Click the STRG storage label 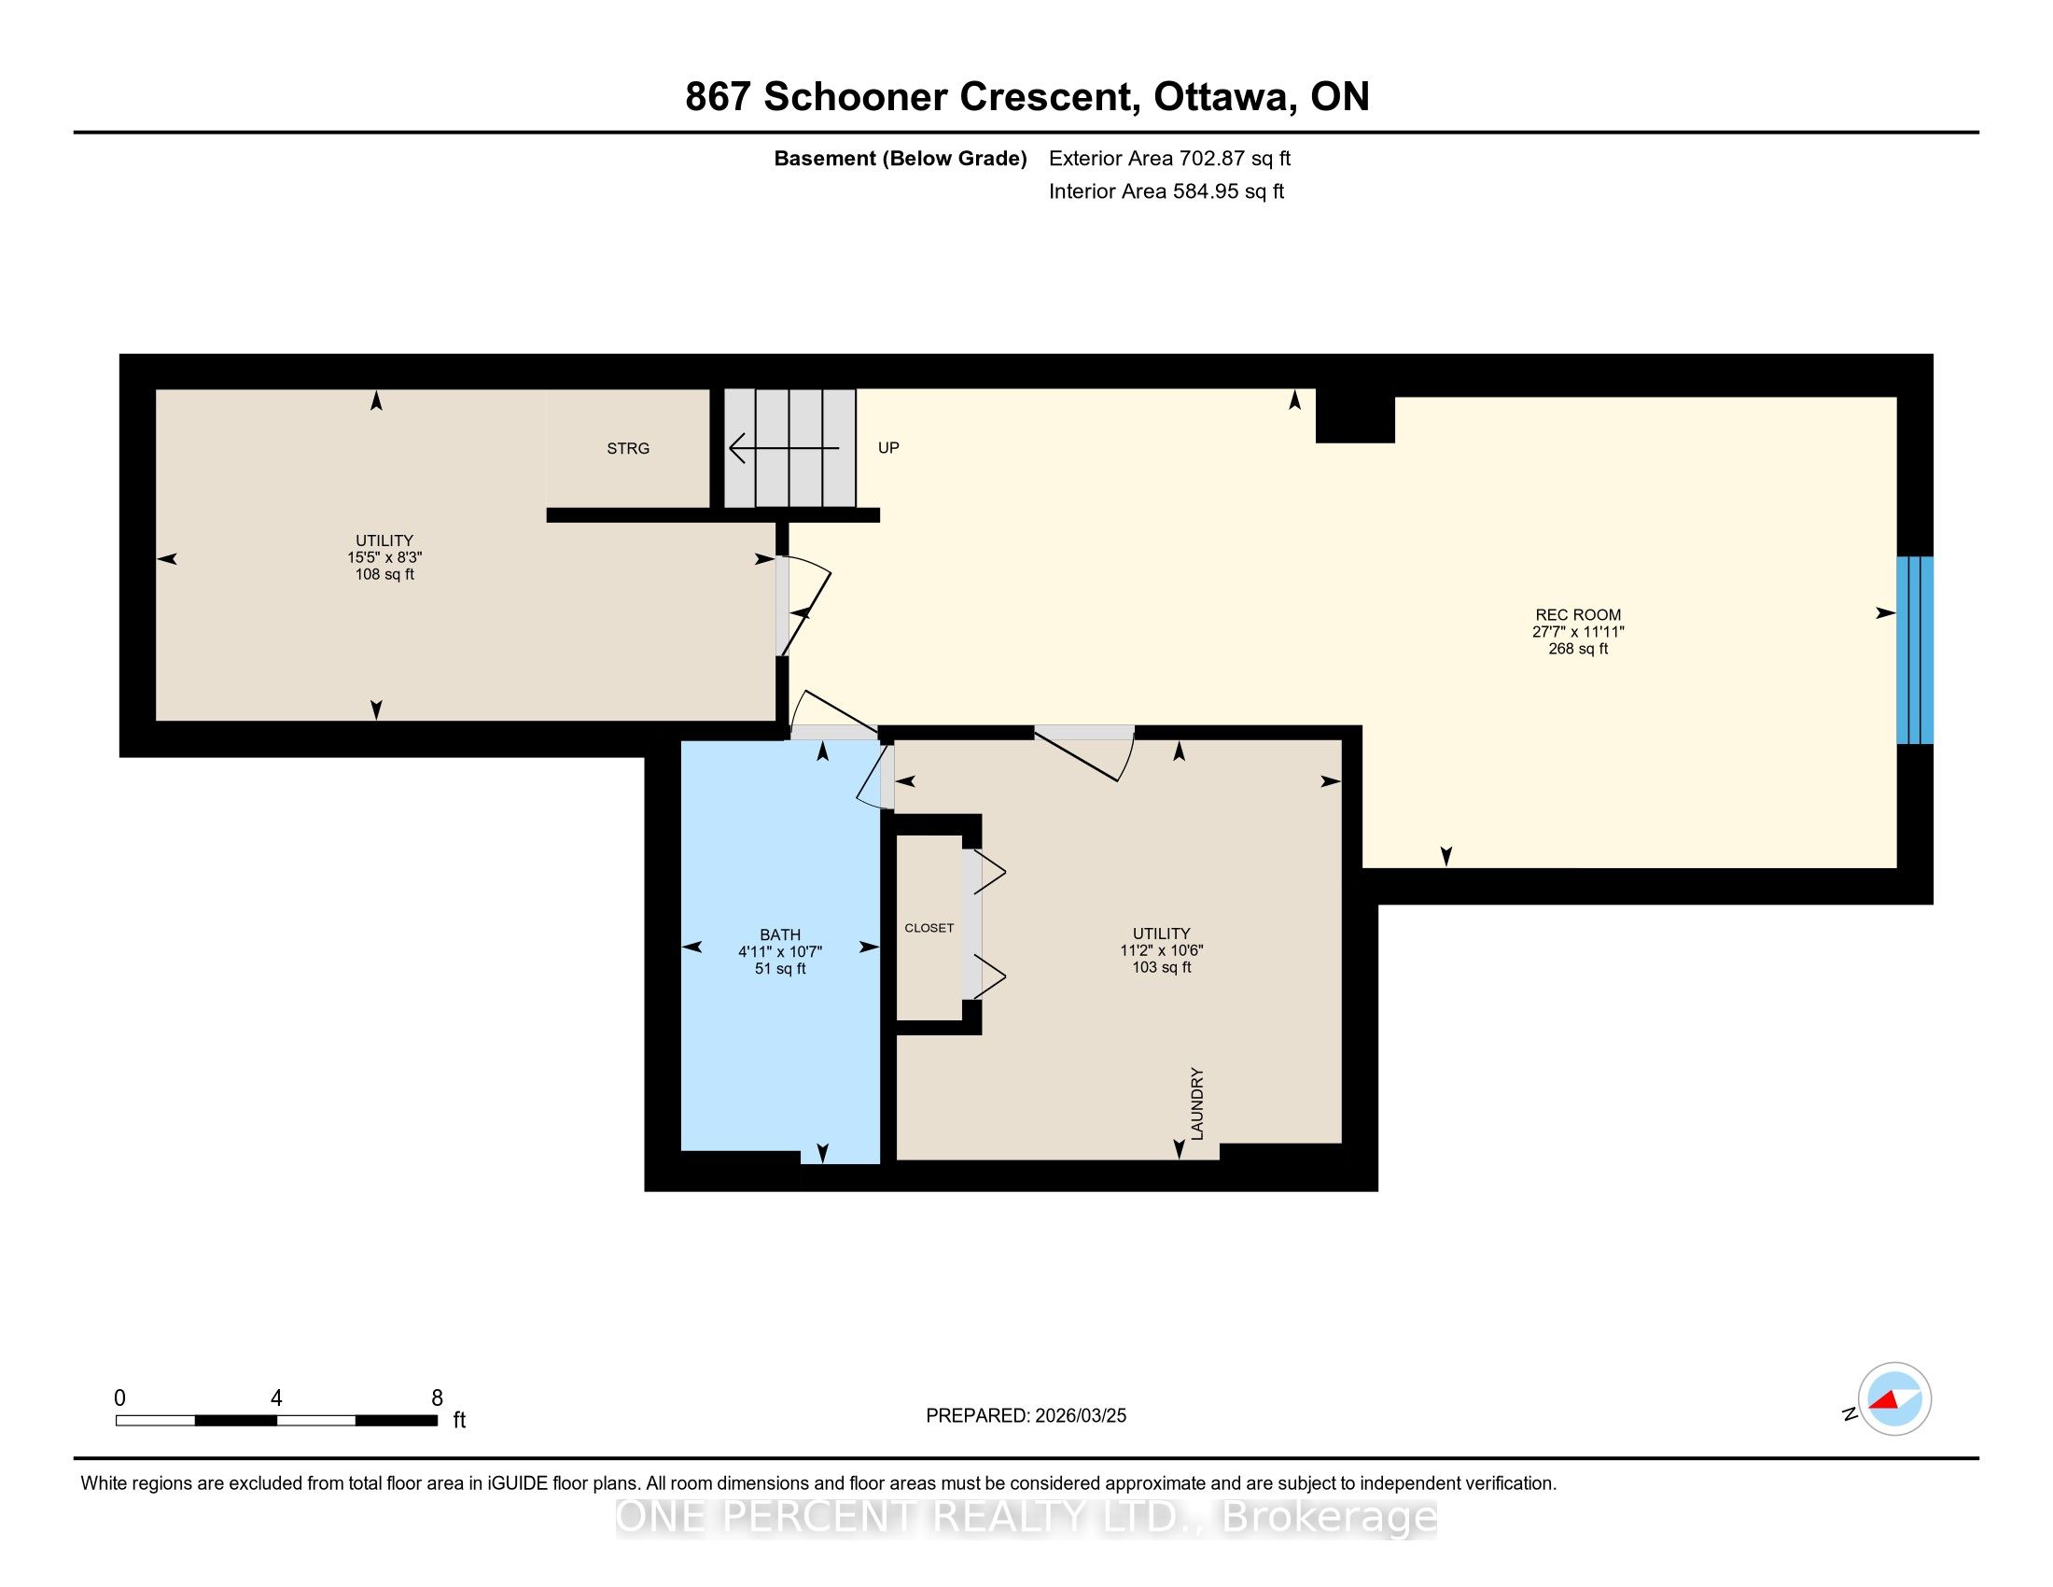(x=628, y=448)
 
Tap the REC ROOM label (x=1578, y=615)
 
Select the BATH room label (x=780, y=934)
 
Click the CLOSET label (x=929, y=928)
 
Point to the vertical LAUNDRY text (x=1196, y=1103)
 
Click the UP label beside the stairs (x=888, y=447)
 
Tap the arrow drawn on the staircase (x=784, y=447)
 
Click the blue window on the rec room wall (x=1915, y=650)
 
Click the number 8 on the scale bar (x=437, y=1398)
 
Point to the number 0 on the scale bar (x=119, y=1398)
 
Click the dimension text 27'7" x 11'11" (x=1578, y=632)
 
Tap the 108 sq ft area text (x=384, y=574)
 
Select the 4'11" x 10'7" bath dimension (x=780, y=951)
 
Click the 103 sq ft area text (x=1162, y=966)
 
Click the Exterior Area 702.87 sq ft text (x=1169, y=158)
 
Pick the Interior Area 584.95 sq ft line (x=1166, y=190)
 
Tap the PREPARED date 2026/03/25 (x=1079, y=1416)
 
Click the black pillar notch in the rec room (x=1355, y=415)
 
